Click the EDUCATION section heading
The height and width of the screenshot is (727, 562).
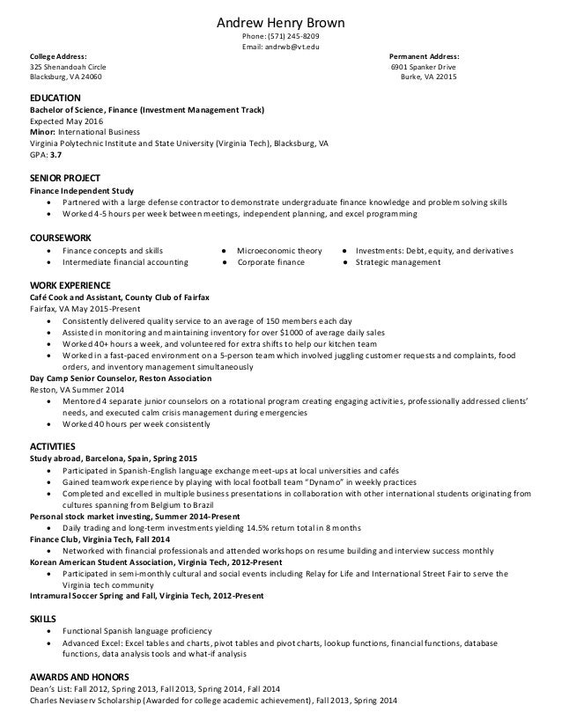pyautogui.click(x=55, y=98)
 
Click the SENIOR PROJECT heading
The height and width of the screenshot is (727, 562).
pyautogui.click(x=64, y=178)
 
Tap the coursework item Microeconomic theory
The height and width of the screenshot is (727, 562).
pyautogui.click(x=279, y=251)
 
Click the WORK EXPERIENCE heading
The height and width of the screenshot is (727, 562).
pyautogui.click(x=70, y=286)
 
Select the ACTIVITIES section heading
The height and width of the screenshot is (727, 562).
pyautogui.click(x=53, y=446)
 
